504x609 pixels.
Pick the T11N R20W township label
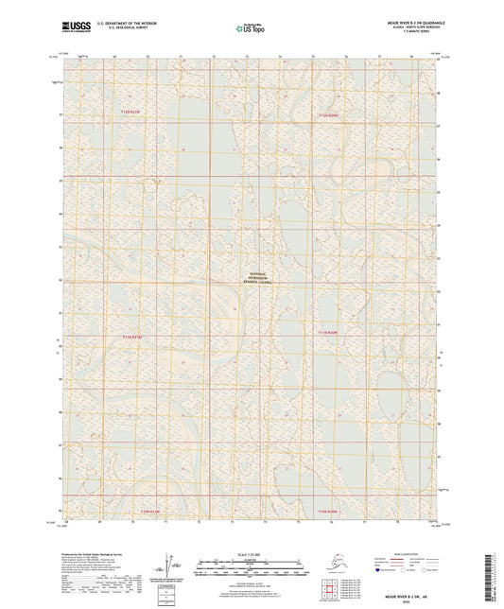[327, 332]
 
